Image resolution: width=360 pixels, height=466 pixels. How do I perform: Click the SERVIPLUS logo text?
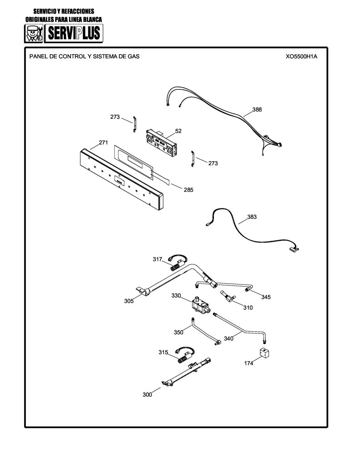74,33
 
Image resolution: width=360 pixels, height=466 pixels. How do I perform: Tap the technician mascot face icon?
34,33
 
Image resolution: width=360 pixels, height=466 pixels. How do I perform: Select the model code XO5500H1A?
301,56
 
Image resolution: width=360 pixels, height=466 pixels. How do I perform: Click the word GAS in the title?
133,56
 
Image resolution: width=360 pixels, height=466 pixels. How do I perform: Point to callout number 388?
257,109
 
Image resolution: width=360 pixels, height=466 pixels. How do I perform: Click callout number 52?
178,131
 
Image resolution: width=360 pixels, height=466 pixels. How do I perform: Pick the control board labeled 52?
162,142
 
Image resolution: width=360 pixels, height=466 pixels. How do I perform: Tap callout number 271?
103,142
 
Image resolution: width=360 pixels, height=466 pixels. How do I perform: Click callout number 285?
188,190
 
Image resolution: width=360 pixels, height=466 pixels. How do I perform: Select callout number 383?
252,217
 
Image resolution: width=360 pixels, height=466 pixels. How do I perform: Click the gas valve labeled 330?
200,304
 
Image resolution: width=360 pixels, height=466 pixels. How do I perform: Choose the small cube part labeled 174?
264,353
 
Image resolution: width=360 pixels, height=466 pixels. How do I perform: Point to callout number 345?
266,297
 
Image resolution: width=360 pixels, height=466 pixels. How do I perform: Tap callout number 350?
178,332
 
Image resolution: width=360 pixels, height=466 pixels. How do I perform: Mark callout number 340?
228,339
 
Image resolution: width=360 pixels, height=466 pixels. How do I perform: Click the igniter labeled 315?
185,355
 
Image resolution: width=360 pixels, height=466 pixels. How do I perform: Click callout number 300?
147,395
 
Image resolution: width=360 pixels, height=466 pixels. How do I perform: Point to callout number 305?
129,301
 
